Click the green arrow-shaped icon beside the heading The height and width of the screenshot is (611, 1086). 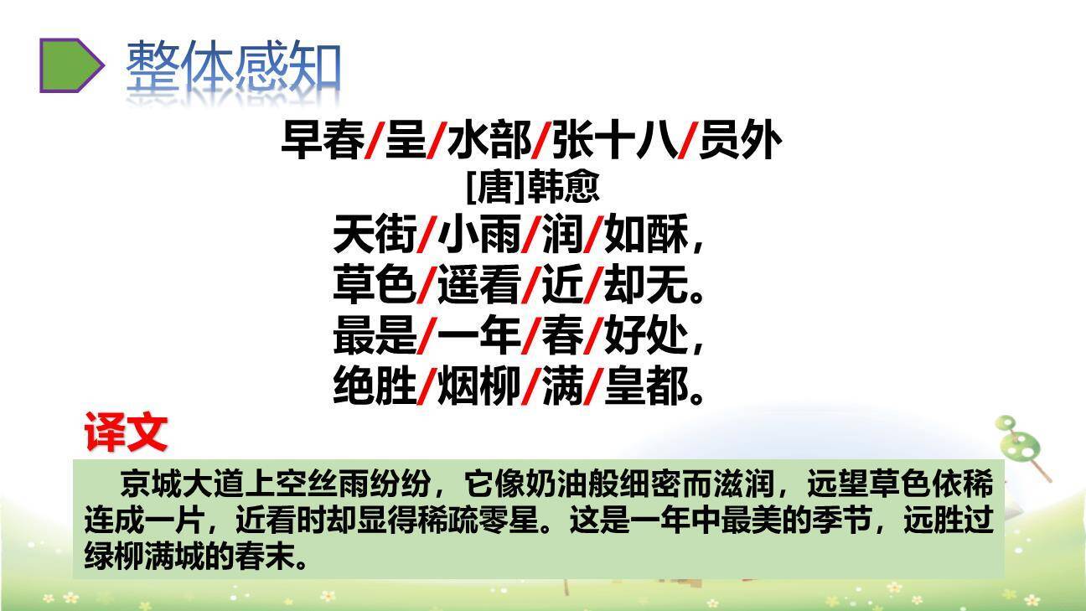(x=71, y=65)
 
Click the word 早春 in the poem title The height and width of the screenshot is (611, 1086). (x=322, y=142)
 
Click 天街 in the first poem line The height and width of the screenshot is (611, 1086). (x=374, y=235)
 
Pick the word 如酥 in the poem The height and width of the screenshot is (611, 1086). (x=645, y=235)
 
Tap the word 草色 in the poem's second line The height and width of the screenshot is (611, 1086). (x=374, y=287)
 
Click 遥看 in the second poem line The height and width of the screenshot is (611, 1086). (x=479, y=287)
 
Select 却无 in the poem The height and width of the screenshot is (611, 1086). (x=645, y=287)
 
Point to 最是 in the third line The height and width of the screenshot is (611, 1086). (x=374, y=338)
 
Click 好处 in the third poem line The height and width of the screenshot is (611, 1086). (x=645, y=338)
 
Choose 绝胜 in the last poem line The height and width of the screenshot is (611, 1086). (x=374, y=388)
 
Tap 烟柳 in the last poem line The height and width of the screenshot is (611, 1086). (x=479, y=388)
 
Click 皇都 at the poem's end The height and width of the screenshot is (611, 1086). (x=645, y=388)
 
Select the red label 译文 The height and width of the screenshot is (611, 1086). (x=126, y=434)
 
